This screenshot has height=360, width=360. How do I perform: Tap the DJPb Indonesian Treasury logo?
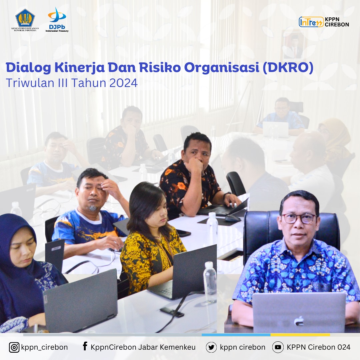point(57,20)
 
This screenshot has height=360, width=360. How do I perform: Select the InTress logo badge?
point(311,22)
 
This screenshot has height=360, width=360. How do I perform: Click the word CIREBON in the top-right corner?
point(337,24)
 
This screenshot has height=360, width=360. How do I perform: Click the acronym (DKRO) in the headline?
point(288,68)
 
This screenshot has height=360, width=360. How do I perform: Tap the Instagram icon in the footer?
point(14,347)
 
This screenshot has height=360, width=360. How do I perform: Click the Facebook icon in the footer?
point(85,346)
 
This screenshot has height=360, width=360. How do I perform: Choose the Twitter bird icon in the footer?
point(211,347)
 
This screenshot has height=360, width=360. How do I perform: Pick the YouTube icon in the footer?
point(278,347)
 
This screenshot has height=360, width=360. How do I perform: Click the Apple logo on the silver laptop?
point(299,321)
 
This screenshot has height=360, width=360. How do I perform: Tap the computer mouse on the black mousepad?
point(233,218)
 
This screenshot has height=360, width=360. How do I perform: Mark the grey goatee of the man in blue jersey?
point(93,208)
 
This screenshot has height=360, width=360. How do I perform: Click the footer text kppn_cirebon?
point(44,347)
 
